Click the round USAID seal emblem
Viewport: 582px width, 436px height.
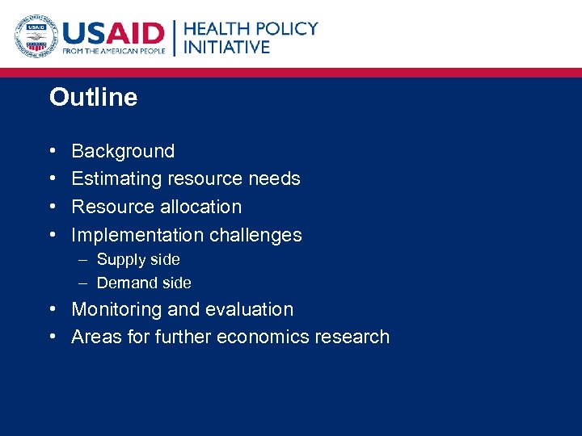[x=35, y=36]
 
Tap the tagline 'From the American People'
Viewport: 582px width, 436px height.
[x=113, y=51]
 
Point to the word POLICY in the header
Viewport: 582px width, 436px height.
[x=287, y=28]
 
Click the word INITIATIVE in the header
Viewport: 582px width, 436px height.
[x=226, y=47]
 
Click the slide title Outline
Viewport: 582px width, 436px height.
[x=93, y=98]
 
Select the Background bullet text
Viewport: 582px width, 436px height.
[x=123, y=151]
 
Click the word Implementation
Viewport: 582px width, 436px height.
[x=137, y=235]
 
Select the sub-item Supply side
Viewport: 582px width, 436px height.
[x=138, y=259]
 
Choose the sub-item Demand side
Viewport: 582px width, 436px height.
[x=144, y=283]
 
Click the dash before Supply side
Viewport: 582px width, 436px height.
[x=84, y=259]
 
